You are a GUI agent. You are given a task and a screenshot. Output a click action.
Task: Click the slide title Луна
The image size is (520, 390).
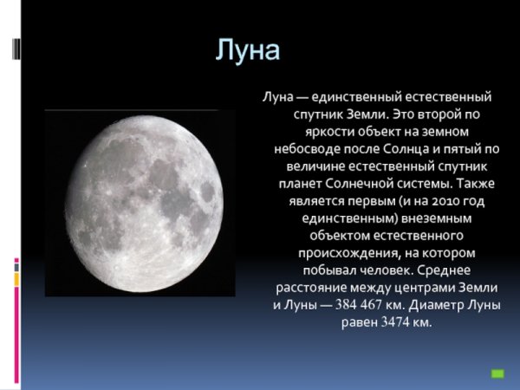point(249,50)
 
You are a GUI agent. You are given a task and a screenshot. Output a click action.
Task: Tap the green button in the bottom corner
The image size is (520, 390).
point(497,374)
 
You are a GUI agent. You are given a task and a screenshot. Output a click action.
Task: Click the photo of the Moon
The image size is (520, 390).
point(140,203)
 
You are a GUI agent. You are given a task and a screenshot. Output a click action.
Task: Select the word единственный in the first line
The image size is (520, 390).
point(346,97)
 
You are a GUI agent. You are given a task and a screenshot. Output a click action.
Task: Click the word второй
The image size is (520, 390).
point(432,114)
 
